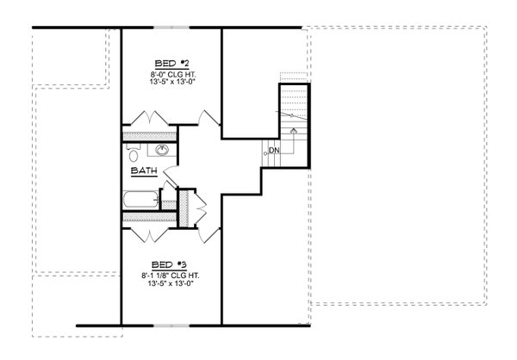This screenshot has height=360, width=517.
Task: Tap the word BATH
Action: pos(143,171)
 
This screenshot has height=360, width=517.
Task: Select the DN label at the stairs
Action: pos(274,151)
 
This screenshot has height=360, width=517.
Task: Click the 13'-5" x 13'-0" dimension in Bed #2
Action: pos(171,84)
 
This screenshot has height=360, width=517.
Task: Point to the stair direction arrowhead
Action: pos(294,130)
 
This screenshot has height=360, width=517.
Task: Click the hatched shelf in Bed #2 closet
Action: pos(147,135)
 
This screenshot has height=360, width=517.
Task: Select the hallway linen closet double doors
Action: pos(201,208)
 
